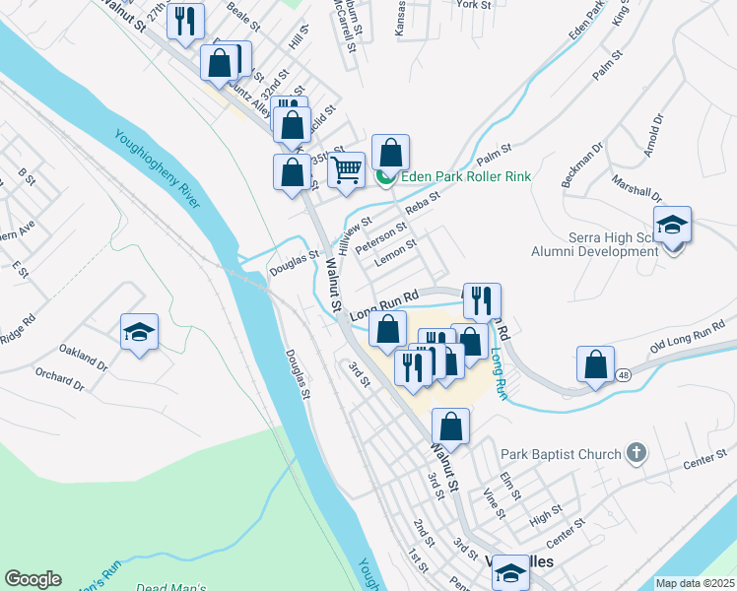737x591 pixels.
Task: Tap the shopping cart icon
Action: tap(346, 169)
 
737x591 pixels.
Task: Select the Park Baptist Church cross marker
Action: tap(636, 454)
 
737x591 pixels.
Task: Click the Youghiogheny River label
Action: tap(158, 168)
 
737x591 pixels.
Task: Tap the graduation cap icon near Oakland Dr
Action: tap(139, 334)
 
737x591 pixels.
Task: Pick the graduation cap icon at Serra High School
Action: tap(672, 227)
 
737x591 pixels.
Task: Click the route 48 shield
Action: tap(624, 376)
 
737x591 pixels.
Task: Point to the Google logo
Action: tap(33, 579)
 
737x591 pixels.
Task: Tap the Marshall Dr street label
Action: tap(633, 183)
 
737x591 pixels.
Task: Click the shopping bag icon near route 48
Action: tap(595, 365)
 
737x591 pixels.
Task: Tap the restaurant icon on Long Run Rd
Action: tap(481, 301)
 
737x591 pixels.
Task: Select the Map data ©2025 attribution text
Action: tap(695, 583)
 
